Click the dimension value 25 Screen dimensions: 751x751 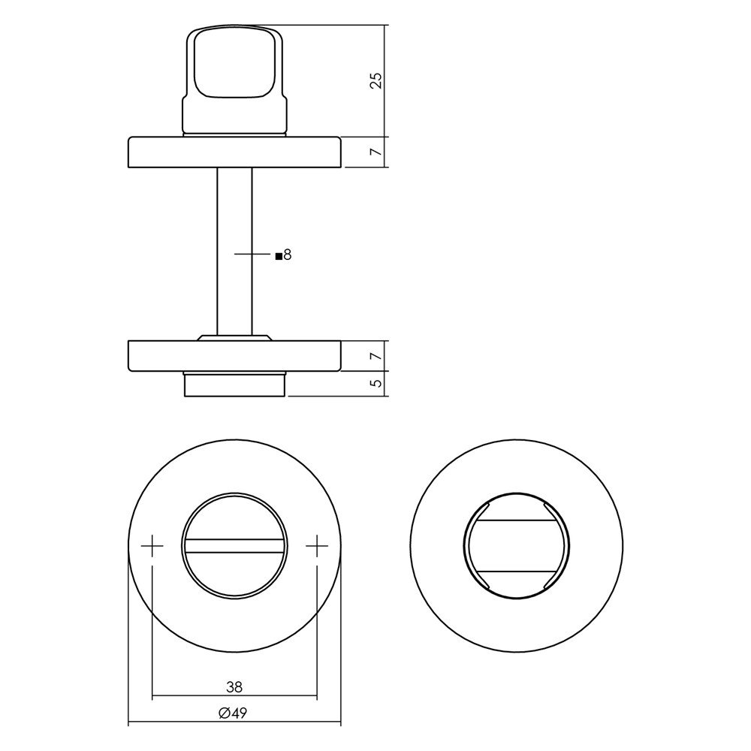point(376,80)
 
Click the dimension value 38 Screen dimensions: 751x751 point(234,687)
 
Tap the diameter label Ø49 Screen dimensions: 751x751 point(233,713)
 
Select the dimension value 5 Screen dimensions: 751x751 point(377,383)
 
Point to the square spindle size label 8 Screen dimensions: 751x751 point(288,255)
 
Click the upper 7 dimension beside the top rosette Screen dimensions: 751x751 point(377,152)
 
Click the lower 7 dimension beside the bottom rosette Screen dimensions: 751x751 point(377,356)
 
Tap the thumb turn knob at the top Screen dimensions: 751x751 point(234,80)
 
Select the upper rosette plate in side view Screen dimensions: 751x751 point(234,152)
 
